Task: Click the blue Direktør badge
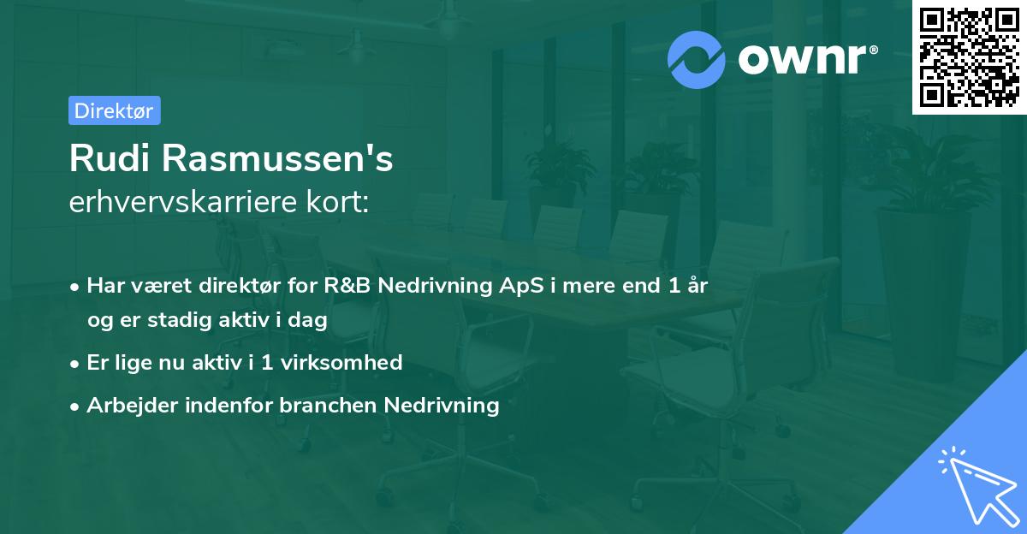115,110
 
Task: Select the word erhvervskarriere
183,202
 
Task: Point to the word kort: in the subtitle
338,202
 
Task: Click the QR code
970,57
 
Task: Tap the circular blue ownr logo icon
697,60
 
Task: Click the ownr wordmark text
803,59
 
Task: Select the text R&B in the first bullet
347,286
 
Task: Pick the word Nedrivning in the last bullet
442,405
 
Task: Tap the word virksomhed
341,362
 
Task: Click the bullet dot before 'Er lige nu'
74,364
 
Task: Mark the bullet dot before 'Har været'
74,288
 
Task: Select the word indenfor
229,405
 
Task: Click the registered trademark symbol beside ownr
874,50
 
